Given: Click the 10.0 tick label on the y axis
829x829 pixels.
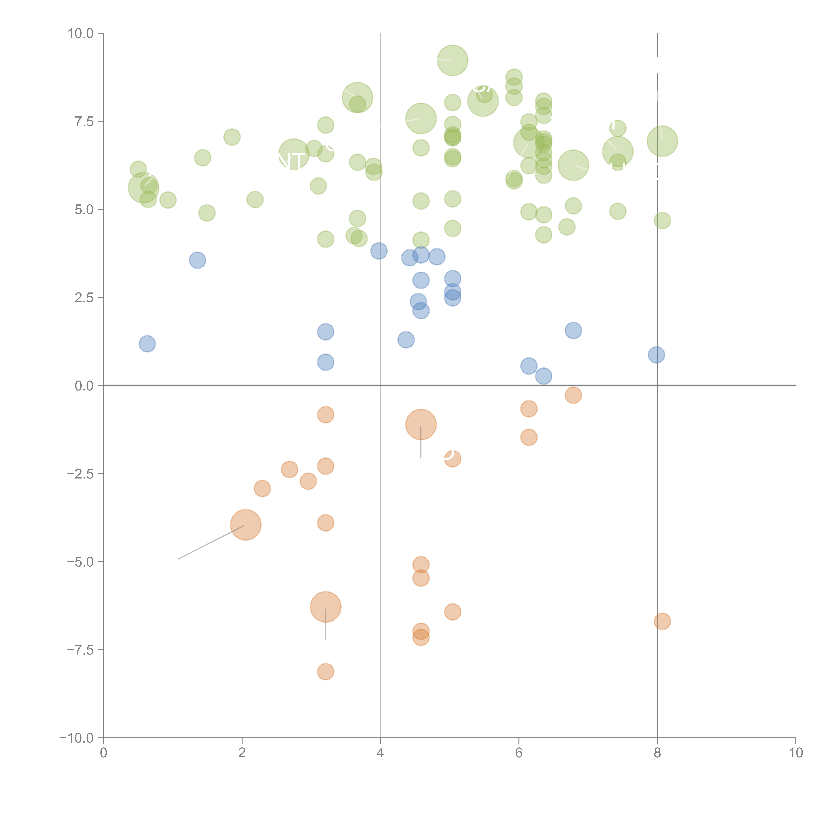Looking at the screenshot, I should [x=81, y=33].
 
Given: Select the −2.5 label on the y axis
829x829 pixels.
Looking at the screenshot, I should [x=80, y=474].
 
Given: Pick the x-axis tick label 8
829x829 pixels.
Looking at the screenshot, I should [x=657, y=754].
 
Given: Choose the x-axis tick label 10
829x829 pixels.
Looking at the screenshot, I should [x=796, y=754].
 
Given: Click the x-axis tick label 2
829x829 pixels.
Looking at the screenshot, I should [x=242, y=754].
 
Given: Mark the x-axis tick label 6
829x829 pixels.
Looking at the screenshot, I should [x=519, y=754].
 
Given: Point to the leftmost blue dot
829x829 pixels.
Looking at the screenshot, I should [x=147, y=344].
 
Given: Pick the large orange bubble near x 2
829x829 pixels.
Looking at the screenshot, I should [x=245, y=525].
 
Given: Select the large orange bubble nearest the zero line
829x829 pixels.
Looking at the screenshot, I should [x=421, y=424].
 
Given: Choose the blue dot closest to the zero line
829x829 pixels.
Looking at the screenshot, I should [x=544, y=376].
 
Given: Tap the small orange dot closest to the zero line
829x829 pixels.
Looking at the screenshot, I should [x=573, y=395].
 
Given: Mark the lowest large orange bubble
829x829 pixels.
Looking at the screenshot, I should [x=326, y=607].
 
